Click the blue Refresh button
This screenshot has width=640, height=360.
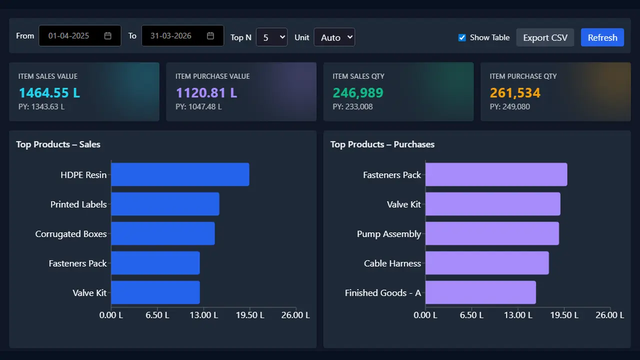602,37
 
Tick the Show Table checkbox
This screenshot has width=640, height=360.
462,37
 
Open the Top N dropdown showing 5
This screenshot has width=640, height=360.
271,37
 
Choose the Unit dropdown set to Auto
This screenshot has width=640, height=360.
334,37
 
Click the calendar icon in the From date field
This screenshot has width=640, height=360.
107,35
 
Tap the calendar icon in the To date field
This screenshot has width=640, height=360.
210,35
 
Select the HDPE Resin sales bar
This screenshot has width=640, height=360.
180,174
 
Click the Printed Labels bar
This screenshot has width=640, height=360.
165,204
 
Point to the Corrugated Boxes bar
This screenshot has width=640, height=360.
163,233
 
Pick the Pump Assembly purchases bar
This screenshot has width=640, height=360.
492,233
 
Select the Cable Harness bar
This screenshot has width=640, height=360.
487,263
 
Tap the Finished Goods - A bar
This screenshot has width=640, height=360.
480,292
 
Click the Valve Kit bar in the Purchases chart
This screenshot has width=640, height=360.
493,204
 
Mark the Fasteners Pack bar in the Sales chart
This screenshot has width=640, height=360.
155,263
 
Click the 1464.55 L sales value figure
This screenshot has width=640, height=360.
49,92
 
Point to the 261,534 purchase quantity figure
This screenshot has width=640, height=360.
515,92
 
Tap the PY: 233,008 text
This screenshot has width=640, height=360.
352,106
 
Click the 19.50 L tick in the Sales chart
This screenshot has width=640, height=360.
250,315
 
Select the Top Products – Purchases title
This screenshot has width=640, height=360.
382,144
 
